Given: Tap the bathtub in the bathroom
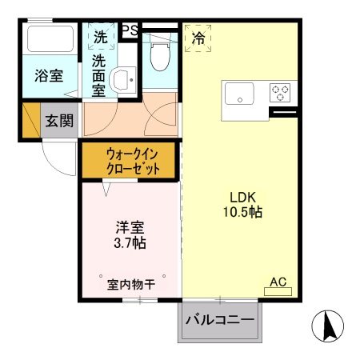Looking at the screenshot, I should pos(50,40).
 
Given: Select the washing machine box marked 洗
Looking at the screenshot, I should pos(100,37).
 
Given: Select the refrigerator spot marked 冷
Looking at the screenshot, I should pos(197,37).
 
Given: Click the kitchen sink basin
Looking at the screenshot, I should pos(238,94).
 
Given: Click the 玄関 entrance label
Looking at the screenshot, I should pos(58,122).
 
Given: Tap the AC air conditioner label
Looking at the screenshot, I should pos(278,282).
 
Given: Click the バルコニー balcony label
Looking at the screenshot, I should pos(219,320).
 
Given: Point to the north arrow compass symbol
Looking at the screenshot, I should pos(327,326).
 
